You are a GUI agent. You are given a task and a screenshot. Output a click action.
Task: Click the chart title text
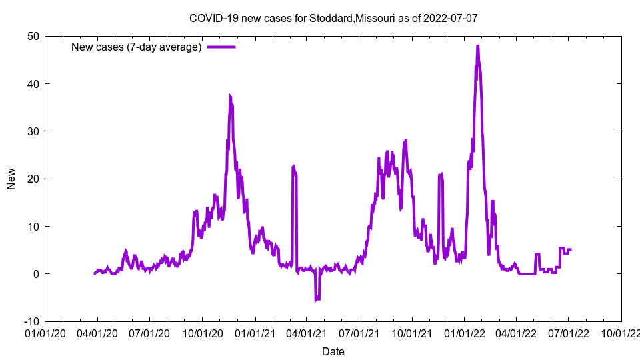(x=333, y=18)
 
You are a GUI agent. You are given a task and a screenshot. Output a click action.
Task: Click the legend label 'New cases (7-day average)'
(x=136, y=47)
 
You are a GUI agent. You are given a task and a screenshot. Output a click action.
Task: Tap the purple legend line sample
(x=221, y=47)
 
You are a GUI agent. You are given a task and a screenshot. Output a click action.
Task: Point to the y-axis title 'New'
(x=11, y=179)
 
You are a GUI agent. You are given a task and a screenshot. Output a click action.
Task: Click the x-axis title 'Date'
(x=333, y=351)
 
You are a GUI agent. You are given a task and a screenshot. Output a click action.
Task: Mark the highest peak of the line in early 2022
(x=477, y=46)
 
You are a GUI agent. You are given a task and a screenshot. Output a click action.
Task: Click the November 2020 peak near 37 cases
(x=230, y=96)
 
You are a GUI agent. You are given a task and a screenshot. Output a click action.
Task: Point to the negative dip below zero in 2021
(x=317, y=300)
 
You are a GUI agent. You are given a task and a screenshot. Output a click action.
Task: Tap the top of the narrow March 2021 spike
(x=293, y=167)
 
